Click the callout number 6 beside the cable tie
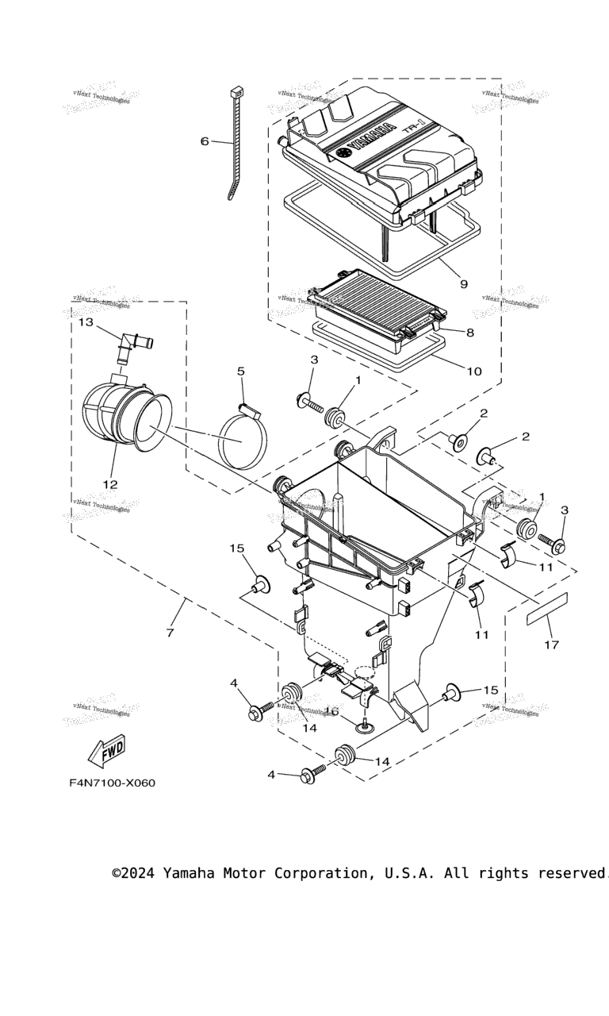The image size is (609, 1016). [x=205, y=141]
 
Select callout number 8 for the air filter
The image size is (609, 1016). [x=469, y=333]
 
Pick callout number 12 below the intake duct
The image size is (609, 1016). [x=109, y=484]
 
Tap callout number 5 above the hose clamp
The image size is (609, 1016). [x=240, y=371]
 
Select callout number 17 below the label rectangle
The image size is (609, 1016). [x=551, y=645]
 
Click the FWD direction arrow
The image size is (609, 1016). [x=105, y=750]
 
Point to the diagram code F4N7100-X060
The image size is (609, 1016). [x=112, y=783]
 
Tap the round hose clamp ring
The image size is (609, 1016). [x=243, y=441]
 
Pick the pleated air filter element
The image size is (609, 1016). [x=379, y=298]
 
